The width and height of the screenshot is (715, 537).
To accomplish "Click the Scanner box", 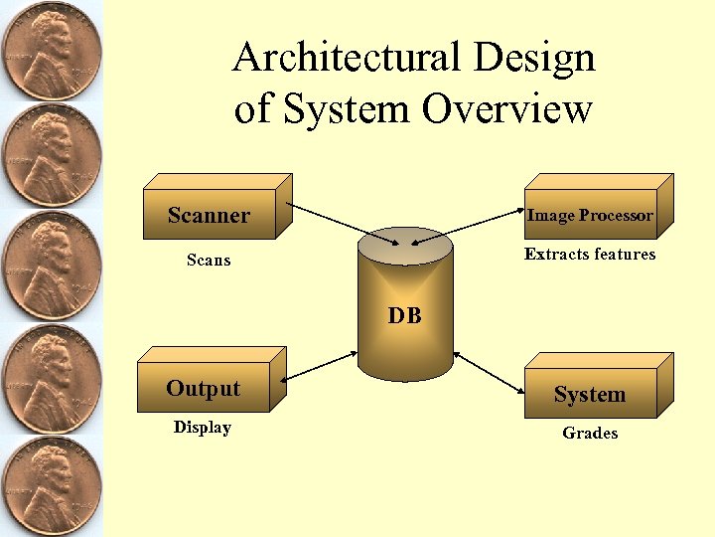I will (210, 214).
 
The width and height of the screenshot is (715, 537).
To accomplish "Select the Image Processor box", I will (590, 215).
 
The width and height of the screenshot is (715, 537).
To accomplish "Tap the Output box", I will (204, 388).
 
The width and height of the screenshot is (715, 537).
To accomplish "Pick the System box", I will (590, 394).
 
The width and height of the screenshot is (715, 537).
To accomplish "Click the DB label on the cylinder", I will (404, 316).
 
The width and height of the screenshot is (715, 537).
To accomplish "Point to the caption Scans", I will (209, 261).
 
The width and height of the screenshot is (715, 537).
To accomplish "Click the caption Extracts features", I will (590, 255).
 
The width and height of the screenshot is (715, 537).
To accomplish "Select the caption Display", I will (203, 428).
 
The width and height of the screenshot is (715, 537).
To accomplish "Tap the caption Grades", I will (590, 433).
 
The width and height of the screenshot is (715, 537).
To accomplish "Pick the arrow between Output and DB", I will (320, 365).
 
